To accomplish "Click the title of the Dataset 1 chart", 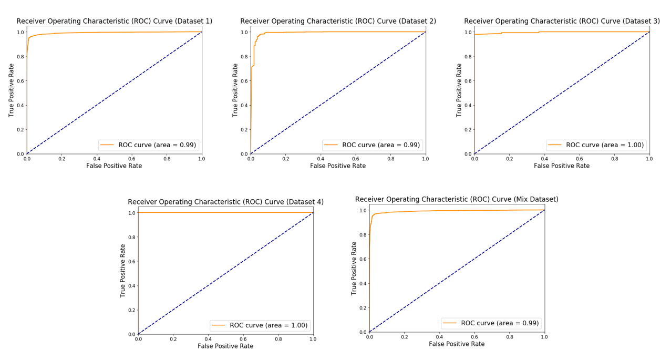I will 114,21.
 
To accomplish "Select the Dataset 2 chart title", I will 338,21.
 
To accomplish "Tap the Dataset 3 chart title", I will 562,21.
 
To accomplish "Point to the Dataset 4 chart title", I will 225,202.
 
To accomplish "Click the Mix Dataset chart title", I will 457,199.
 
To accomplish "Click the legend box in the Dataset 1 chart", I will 149,145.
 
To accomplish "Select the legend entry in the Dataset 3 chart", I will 596,145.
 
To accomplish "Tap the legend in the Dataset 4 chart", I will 260,325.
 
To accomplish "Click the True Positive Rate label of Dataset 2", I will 235,90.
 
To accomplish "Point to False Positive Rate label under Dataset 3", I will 562,166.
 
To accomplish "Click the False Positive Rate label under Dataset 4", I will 225,346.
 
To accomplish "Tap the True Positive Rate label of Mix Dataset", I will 354,268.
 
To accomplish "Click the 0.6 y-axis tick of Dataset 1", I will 20,81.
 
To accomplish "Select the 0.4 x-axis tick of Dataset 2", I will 321,158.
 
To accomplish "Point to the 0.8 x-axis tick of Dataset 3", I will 614,158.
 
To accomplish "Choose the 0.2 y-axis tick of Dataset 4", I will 131,310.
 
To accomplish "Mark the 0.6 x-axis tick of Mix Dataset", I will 474,337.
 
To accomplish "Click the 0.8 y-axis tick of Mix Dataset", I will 363,235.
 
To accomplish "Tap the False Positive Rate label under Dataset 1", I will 114,166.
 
